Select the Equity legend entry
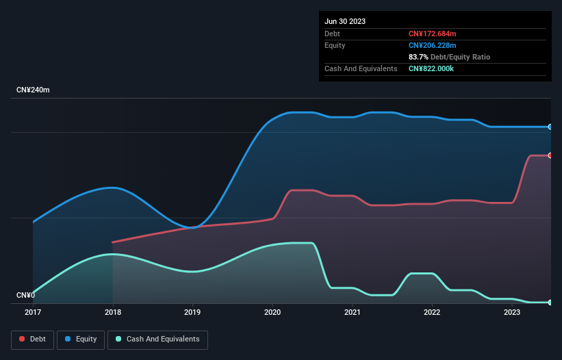(81, 339)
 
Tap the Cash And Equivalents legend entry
(157, 339)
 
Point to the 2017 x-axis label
(33, 313)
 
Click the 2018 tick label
(113, 313)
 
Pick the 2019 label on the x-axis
(193, 313)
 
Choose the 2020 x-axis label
(272, 313)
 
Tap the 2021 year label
(353, 313)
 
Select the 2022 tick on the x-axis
(433, 313)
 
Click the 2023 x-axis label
(512, 313)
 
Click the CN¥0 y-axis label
(25, 296)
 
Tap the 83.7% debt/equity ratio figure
(419, 57)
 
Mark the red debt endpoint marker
(550, 155)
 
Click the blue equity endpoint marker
(550, 127)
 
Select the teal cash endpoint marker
(550, 302)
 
